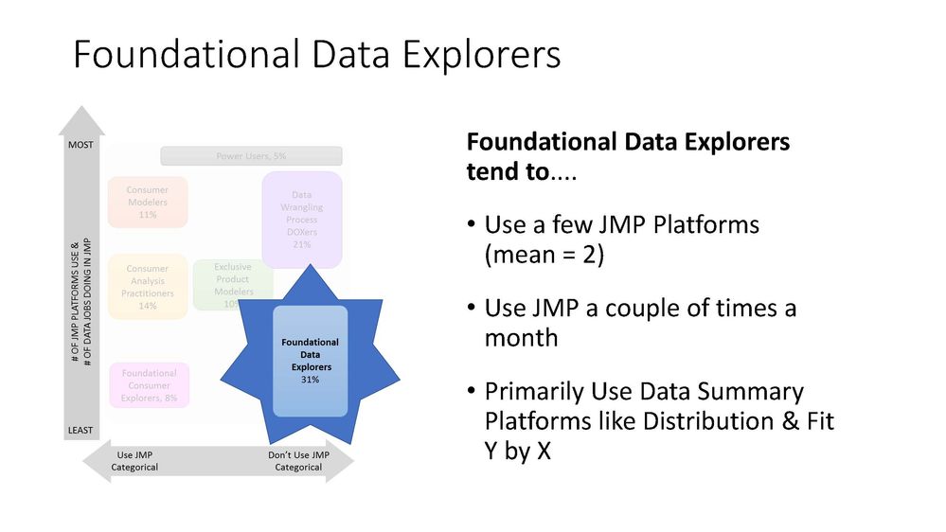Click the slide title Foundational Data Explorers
pos(316,55)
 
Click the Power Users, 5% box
pos(251,156)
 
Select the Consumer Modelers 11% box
pos(147,203)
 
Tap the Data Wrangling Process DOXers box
pos(301,220)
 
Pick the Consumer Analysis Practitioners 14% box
pos(147,287)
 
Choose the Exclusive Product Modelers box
pos(232,285)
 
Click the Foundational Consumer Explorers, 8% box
pos(149,385)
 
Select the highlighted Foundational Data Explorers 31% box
pos(310,361)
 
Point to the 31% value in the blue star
pos(310,379)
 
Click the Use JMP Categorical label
pos(134,461)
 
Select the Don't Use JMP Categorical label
pos(298,461)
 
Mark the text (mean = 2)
pos(544,256)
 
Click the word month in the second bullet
pos(521,337)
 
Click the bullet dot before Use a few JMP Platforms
pos(471,227)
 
